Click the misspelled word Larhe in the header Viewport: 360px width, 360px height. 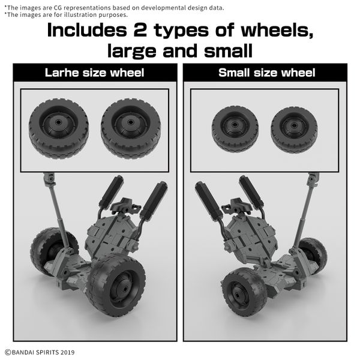(x=62, y=73)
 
